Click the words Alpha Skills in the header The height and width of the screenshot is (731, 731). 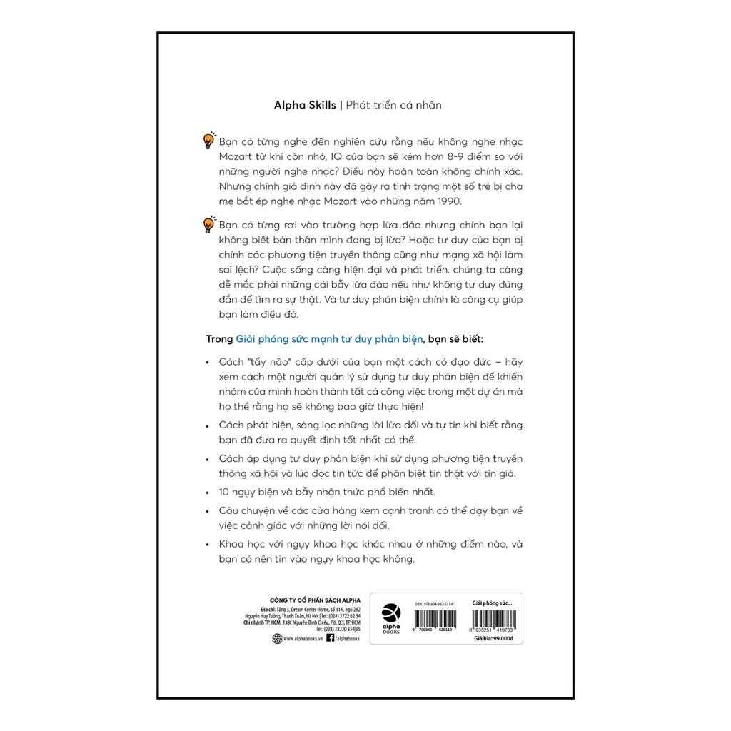[x=305, y=105]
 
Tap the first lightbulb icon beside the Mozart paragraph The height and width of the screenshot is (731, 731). [x=208, y=140]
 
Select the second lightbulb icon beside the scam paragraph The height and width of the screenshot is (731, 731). [x=208, y=224]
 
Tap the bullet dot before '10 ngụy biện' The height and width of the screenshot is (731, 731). [x=206, y=492]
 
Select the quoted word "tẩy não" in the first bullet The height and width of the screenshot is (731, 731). [x=268, y=362]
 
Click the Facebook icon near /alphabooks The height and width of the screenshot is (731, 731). [x=330, y=639]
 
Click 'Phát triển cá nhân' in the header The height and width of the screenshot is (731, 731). [x=394, y=105]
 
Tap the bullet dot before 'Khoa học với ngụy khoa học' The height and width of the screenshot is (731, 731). [x=206, y=544]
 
